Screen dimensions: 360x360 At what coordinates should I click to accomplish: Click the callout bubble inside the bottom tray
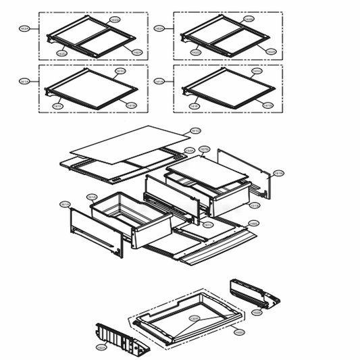pyautogui.click(x=193, y=318)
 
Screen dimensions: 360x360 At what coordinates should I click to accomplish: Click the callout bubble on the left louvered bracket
pyautogui.click(x=101, y=348)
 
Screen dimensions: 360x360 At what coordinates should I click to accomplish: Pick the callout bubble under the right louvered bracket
pyautogui.click(x=257, y=312)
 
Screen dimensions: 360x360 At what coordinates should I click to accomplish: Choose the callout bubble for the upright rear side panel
pyautogui.click(x=279, y=173)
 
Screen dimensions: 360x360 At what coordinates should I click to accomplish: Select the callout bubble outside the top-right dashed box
pyautogui.click(x=159, y=29)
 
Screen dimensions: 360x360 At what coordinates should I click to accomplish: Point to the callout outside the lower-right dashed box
pyautogui.click(x=159, y=82)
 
